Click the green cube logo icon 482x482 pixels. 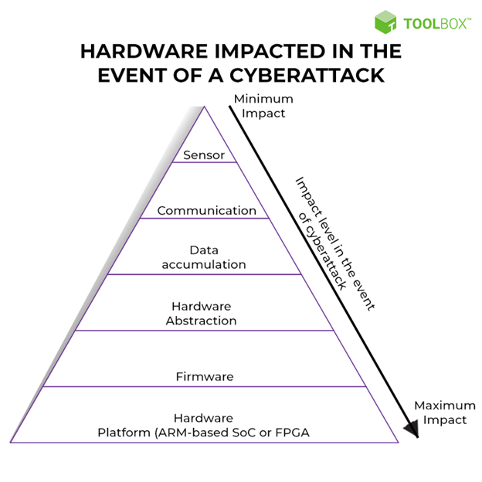(x=385, y=22)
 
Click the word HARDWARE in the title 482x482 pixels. (x=144, y=51)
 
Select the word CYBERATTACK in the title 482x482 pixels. (x=307, y=76)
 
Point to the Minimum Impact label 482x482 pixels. (x=263, y=106)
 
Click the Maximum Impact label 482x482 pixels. (x=445, y=412)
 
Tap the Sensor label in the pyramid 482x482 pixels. (x=204, y=155)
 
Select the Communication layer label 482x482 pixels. (x=206, y=211)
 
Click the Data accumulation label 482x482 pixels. (x=204, y=257)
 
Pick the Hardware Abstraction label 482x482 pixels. (x=202, y=314)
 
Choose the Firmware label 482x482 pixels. (x=205, y=377)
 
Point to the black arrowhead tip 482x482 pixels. (x=417, y=437)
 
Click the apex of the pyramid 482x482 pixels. (x=204, y=107)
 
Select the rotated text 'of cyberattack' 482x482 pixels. (x=322, y=251)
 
